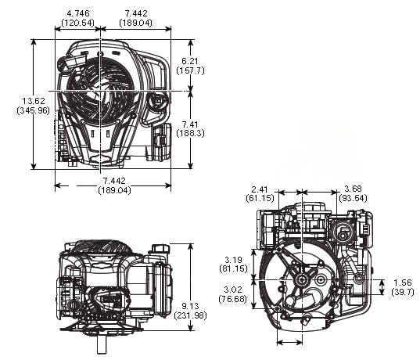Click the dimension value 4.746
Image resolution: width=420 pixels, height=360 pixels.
click(x=77, y=13)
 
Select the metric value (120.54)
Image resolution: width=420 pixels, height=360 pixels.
click(x=77, y=23)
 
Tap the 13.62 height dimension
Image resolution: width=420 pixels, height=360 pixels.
click(x=34, y=101)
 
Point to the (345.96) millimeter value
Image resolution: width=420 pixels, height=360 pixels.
click(x=33, y=110)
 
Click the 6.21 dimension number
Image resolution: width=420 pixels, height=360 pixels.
click(x=190, y=61)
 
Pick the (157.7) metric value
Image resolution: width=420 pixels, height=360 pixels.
click(x=190, y=70)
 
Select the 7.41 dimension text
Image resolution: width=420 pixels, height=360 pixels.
click(x=190, y=124)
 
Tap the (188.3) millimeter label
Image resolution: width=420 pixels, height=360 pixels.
click(x=190, y=133)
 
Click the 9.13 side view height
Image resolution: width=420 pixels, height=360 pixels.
click(x=190, y=306)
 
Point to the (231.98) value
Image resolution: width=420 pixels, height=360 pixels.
click(x=190, y=315)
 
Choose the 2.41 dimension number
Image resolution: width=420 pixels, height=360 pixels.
click(x=260, y=189)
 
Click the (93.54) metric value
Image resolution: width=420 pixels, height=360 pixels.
click(x=353, y=198)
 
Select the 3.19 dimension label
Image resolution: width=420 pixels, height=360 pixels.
click(x=233, y=260)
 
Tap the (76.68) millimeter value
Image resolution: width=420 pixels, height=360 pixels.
click(x=233, y=299)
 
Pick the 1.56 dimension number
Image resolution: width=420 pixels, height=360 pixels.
click(x=403, y=283)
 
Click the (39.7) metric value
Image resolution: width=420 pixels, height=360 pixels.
click(x=403, y=292)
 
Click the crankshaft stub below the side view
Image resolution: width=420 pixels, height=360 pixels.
click(x=102, y=344)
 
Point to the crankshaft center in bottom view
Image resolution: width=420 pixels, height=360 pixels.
click(x=302, y=280)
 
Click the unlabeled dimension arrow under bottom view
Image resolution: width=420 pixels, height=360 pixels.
click(x=289, y=342)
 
